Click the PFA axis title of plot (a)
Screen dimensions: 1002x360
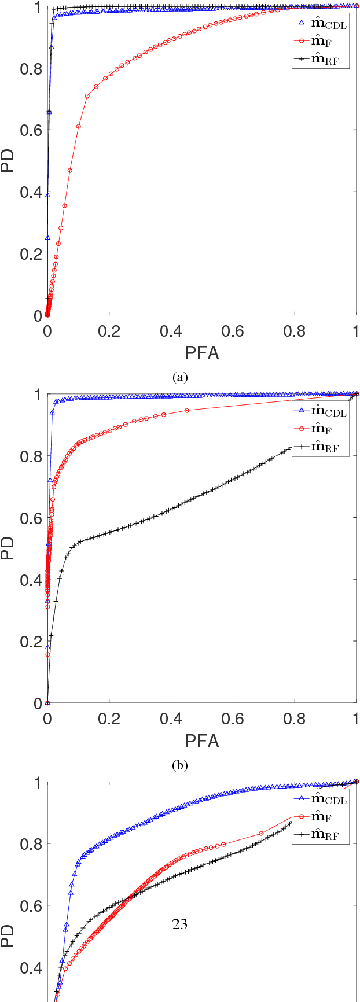[201, 352]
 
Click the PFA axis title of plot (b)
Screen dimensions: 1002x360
[201, 741]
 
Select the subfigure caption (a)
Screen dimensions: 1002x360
[180, 378]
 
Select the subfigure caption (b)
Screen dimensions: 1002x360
[180, 766]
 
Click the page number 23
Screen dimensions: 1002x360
[179, 924]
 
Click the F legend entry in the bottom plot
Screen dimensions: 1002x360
[321, 817]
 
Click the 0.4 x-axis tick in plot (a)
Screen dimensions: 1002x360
[171, 331]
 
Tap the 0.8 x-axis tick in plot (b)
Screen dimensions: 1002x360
[295, 719]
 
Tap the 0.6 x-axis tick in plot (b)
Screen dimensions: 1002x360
[233, 719]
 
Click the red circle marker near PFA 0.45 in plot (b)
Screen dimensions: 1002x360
[186, 411]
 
